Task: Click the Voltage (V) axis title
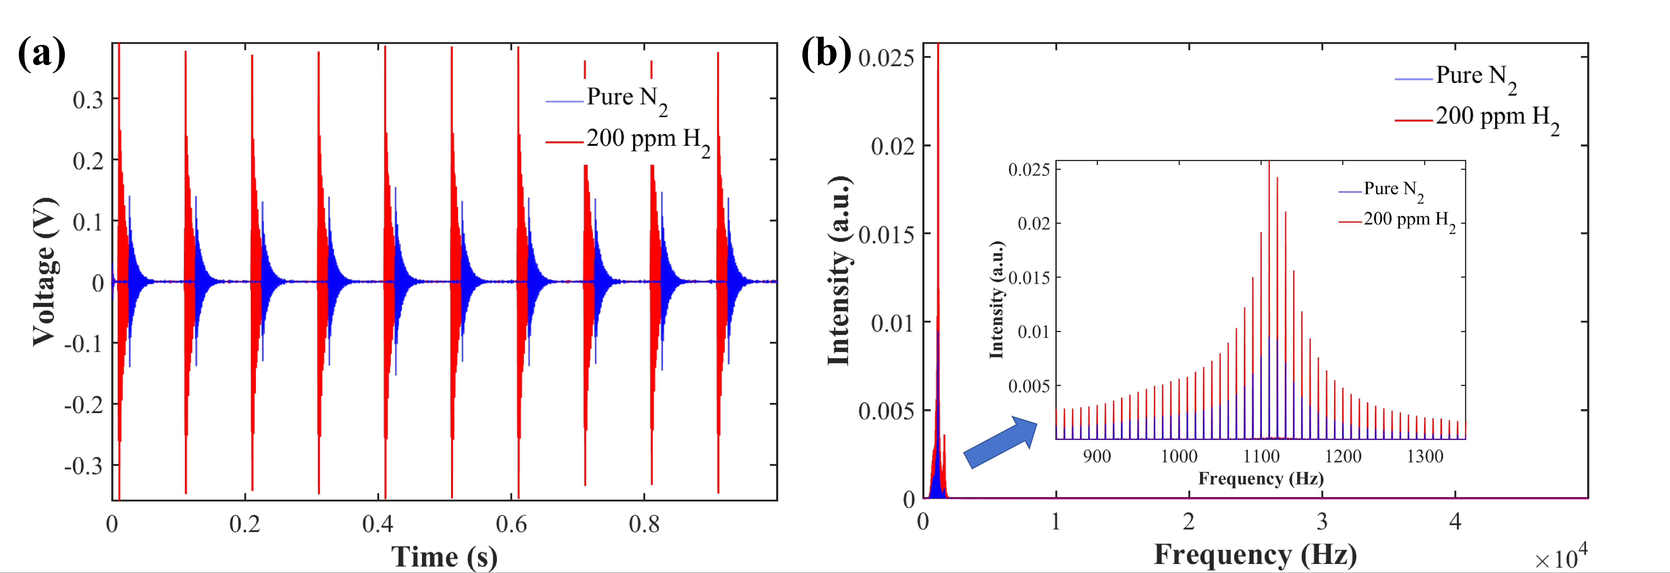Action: [x=44, y=271]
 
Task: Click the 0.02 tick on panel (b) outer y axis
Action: [x=892, y=146]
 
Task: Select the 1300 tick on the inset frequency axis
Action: [x=1425, y=456]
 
